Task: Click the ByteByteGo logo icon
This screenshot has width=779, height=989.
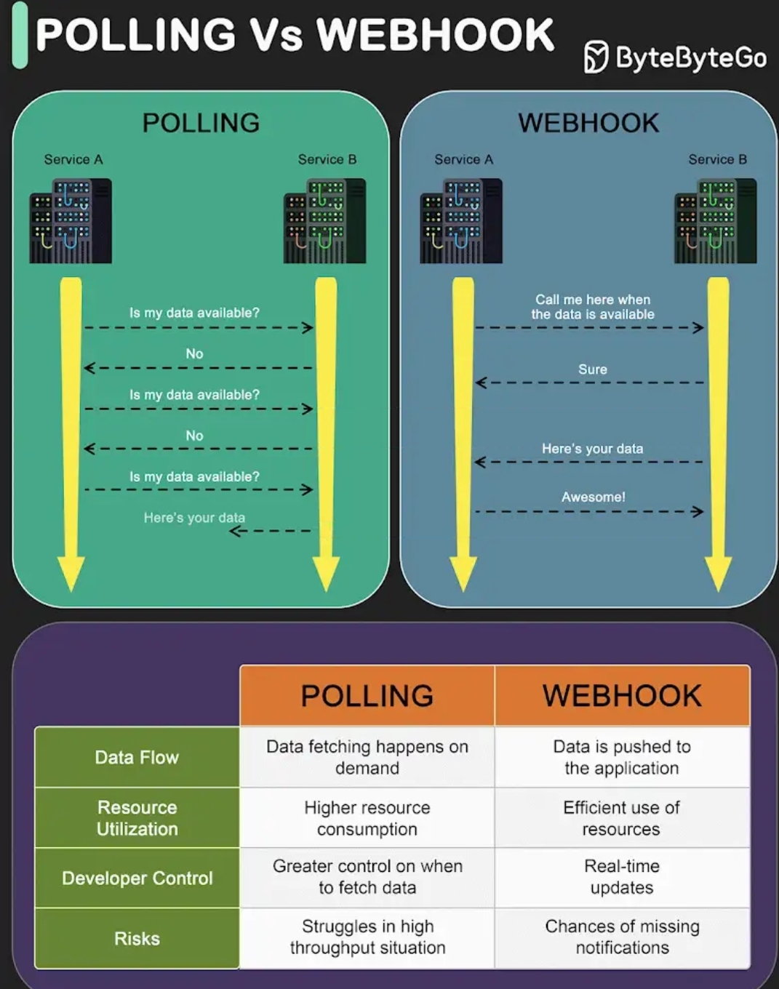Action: coord(596,57)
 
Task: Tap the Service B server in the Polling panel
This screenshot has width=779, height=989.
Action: coord(324,220)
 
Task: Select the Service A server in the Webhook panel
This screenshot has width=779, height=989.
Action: coord(461,220)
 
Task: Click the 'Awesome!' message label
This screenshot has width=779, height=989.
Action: coord(593,497)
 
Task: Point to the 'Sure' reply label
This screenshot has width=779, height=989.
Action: coord(592,369)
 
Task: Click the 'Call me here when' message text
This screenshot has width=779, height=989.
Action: coord(593,300)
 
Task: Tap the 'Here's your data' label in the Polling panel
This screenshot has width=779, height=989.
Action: coord(194,518)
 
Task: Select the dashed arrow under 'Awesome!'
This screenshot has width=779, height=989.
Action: coord(589,512)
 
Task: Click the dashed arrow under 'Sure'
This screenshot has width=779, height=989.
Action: coord(589,383)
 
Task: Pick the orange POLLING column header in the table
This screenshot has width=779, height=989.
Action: coord(367,696)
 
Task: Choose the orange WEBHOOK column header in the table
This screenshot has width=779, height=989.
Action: coord(622,696)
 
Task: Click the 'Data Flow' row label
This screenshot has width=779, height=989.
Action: coord(137,758)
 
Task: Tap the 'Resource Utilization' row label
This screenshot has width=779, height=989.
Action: coord(137,818)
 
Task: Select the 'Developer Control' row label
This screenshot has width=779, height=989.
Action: coord(137,878)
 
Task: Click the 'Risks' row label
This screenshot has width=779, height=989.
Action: coord(137,939)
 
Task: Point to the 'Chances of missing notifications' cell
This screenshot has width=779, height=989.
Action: coord(622,937)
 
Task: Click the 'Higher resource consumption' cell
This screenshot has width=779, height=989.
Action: coord(367,818)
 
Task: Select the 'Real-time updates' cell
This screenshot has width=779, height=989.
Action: coord(622,877)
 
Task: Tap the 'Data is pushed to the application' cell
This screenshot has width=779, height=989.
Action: coord(622,758)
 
